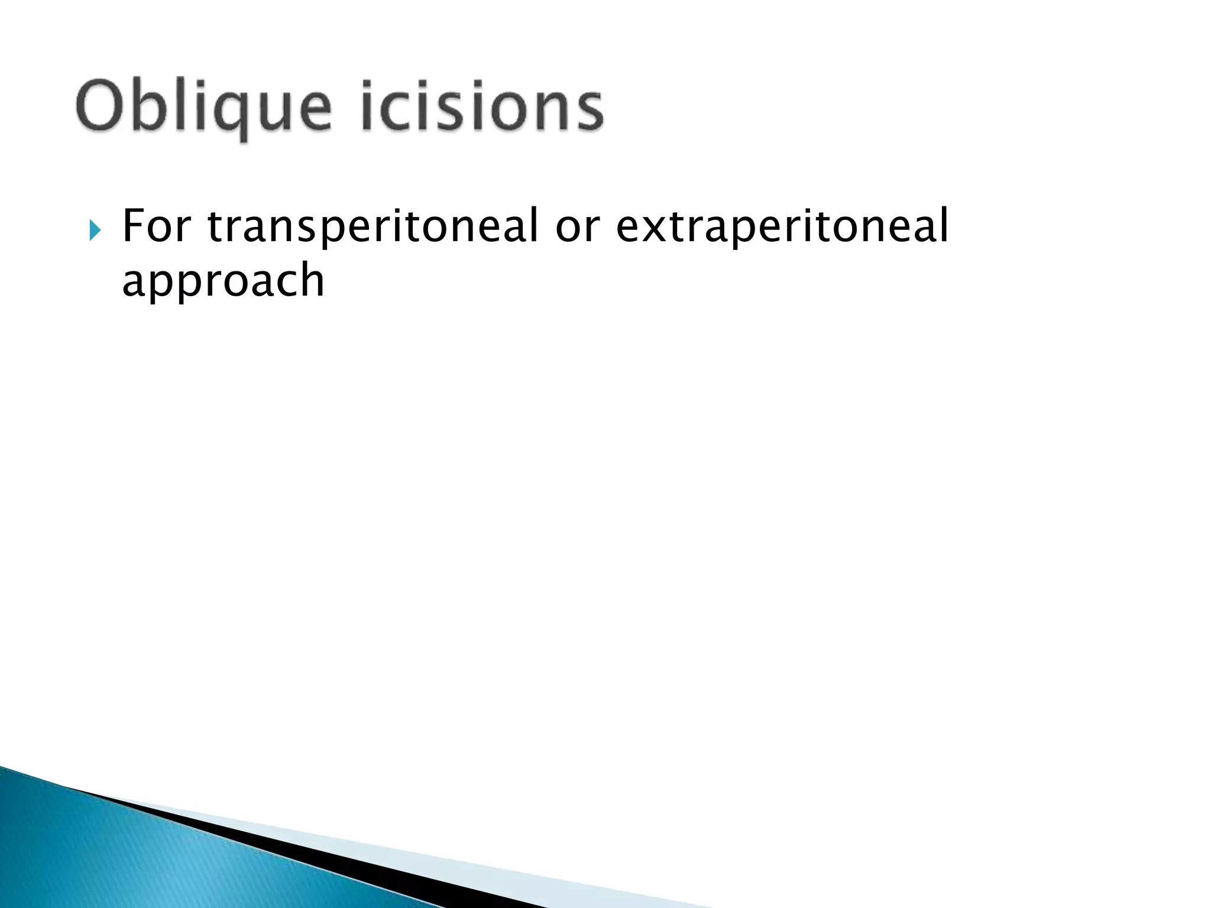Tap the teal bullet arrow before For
[x=95, y=231]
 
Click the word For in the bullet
[x=157, y=226]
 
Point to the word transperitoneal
[x=373, y=227]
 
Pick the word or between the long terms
[x=577, y=227]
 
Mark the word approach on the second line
[x=223, y=280]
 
